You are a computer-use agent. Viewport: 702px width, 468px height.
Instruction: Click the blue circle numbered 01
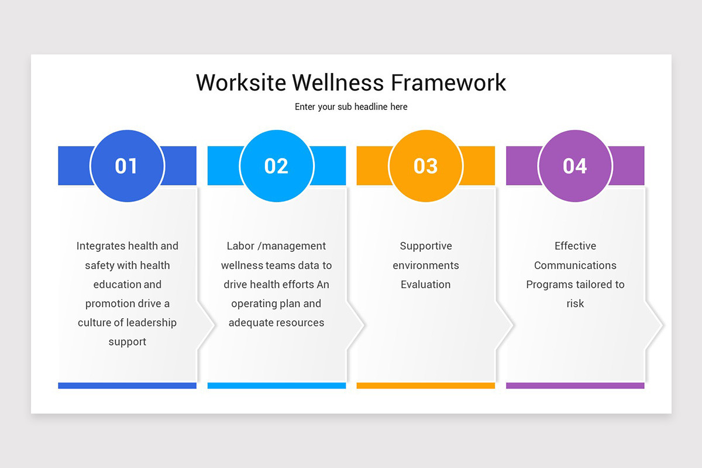[127, 166]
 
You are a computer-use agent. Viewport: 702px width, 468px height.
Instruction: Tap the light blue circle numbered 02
[276, 166]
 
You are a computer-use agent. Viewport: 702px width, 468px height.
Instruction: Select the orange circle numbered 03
[426, 166]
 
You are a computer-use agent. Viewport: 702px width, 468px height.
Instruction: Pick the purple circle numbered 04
[575, 166]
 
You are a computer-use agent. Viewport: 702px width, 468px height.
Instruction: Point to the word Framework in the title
[449, 82]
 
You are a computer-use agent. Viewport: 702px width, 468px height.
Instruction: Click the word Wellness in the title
[338, 82]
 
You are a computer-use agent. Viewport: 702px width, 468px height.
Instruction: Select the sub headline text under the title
[351, 107]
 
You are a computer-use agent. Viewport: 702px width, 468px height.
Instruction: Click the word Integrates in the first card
[101, 246]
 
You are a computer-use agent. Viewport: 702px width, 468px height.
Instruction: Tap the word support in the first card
[127, 342]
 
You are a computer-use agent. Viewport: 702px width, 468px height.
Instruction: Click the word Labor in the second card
[239, 246]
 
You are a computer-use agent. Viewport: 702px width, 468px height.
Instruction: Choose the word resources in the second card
[301, 322]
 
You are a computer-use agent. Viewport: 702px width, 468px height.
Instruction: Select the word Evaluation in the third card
[426, 285]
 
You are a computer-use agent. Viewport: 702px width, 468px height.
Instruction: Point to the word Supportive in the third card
[426, 246]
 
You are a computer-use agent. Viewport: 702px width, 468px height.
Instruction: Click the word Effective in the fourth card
[575, 246]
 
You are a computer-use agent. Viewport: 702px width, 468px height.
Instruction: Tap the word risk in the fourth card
[575, 304]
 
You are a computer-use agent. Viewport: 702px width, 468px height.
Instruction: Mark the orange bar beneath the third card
[426, 386]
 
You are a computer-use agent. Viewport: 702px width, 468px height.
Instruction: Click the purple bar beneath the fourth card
[575, 386]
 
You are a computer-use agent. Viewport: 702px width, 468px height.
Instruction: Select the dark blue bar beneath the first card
[127, 386]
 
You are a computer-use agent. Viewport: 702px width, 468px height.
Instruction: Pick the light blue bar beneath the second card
[276, 386]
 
